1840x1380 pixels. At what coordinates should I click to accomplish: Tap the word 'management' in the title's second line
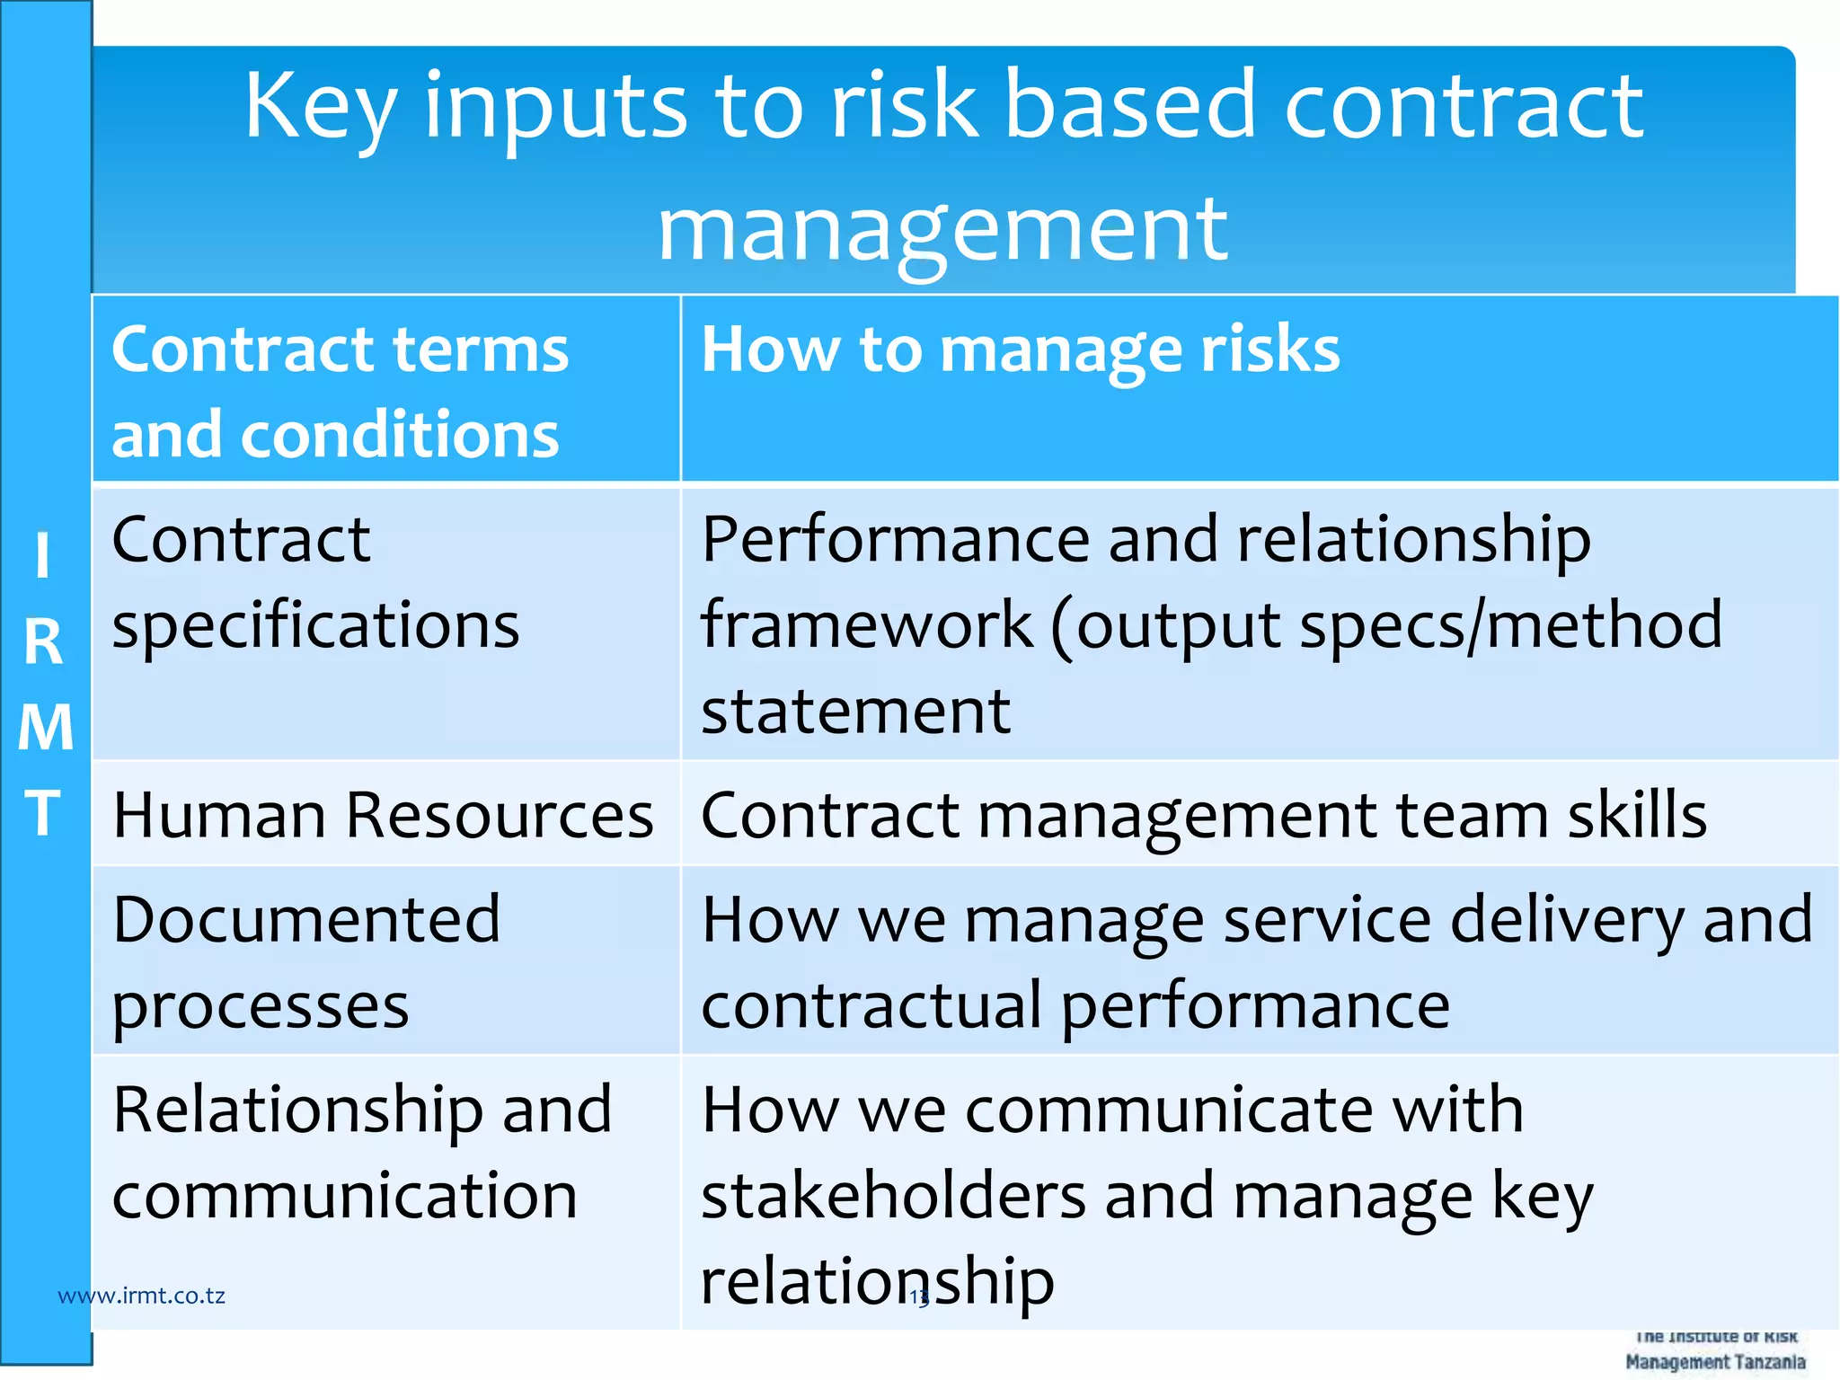click(942, 232)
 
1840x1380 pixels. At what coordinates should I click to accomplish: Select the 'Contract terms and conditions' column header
click(340, 391)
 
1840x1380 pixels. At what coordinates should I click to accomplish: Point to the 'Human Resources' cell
click(383, 816)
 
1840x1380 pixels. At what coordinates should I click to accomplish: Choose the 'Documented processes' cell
click(305, 962)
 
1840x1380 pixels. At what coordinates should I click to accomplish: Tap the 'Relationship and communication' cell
click(361, 1153)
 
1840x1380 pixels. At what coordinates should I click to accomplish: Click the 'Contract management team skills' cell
click(1203, 816)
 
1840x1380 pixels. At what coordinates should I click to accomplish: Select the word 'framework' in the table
click(866, 625)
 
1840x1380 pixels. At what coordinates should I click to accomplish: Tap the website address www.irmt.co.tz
click(141, 1296)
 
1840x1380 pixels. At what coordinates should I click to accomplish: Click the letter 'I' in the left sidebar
click(42, 556)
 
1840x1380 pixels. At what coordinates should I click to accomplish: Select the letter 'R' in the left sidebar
click(43, 642)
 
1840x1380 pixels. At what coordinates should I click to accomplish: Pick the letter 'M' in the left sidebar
click(45, 728)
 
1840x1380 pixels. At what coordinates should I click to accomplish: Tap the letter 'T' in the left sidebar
click(43, 813)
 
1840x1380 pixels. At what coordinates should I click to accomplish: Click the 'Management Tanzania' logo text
click(1714, 1362)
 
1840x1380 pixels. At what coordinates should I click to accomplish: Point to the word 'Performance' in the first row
click(894, 540)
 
